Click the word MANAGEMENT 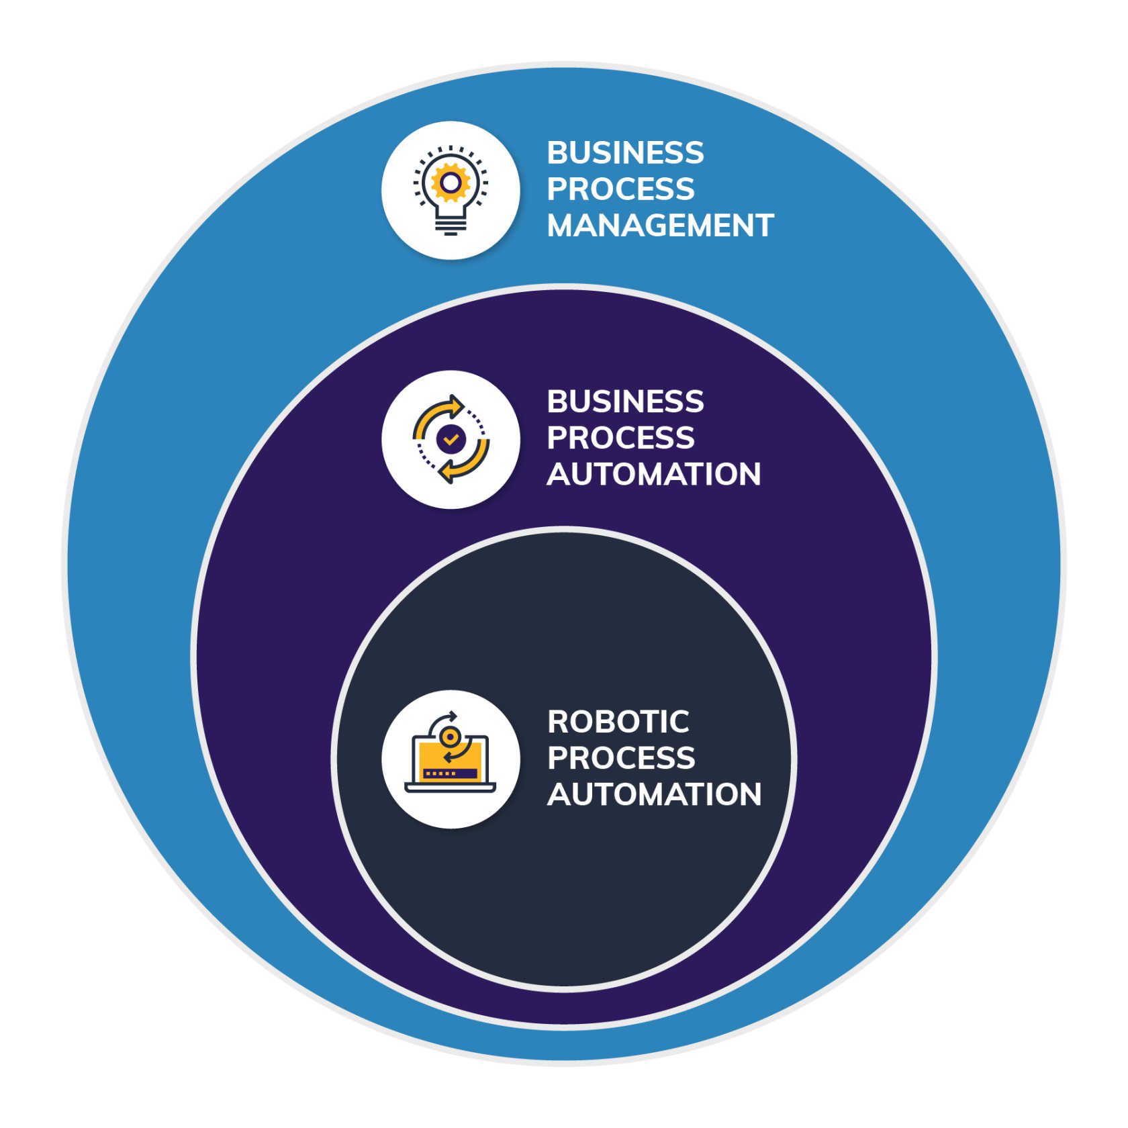coord(660,226)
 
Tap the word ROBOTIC coord(618,722)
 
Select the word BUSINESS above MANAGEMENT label coord(625,153)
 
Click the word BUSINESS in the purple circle coord(625,402)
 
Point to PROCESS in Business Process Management coord(620,189)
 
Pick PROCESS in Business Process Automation coord(620,438)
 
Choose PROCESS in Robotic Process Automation coord(620,759)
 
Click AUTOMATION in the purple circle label coord(653,475)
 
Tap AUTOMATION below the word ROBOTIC coord(654,795)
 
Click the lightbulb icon coord(451,190)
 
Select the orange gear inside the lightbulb coord(451,182)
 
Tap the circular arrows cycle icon coord(451,440)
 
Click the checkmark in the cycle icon coord(451,440)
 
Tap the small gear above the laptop coord(449,737)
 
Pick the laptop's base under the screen coord(451,788)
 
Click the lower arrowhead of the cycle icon coord(444,473)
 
